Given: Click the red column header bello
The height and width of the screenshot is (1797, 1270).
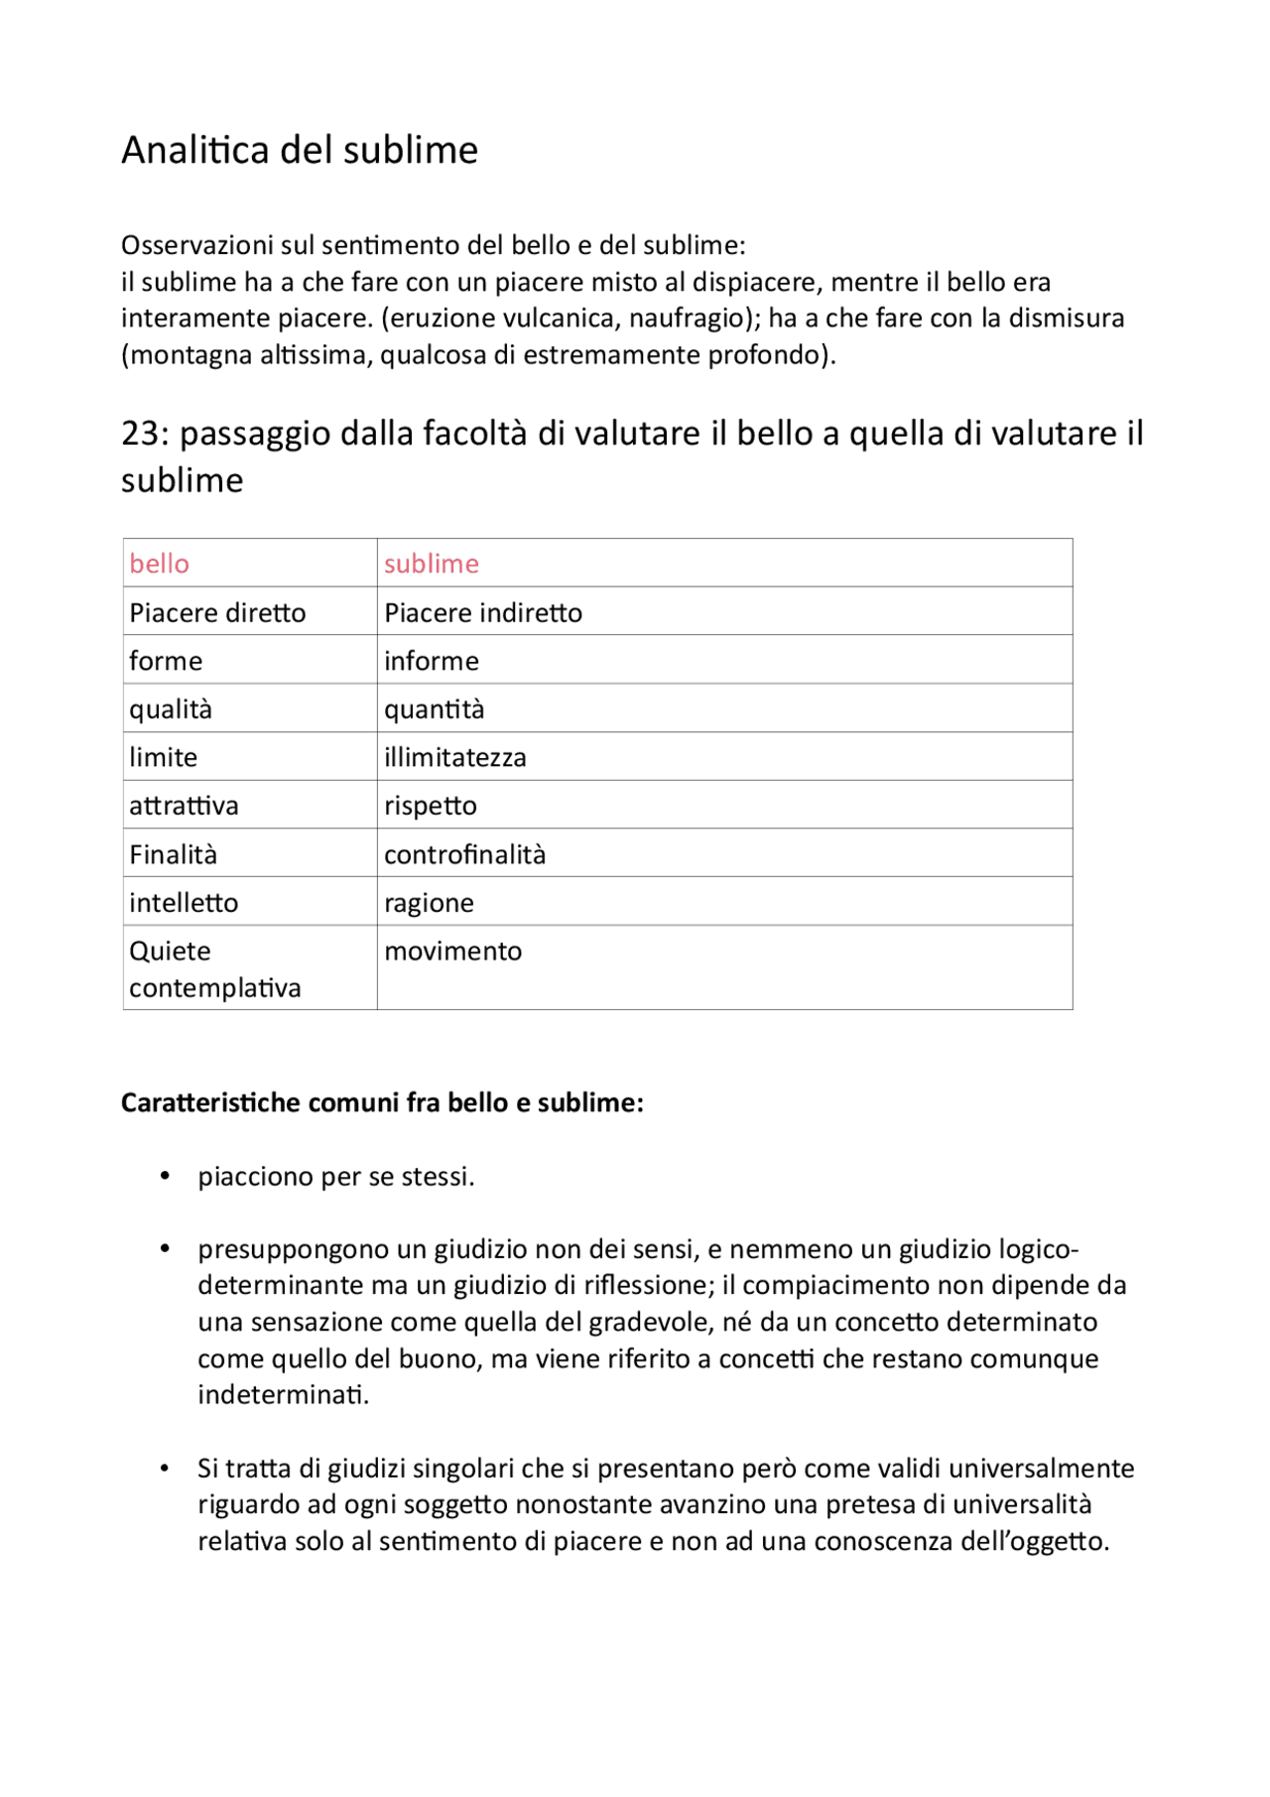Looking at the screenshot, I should tap(159, 564).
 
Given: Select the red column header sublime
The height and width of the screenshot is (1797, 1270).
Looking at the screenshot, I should tap(432, 564).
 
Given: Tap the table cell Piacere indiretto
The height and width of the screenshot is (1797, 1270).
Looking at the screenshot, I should tap(483, 612).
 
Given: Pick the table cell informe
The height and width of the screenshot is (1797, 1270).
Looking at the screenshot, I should tap(432, 661).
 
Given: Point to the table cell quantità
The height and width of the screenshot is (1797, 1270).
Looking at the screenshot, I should tap(435, 709).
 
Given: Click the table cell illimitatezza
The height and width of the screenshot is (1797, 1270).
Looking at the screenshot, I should tap(455, 757).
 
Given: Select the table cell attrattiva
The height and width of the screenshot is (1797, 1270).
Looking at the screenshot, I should tap(184, 806).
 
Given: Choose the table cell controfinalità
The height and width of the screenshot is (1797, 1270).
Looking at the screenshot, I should tap(464, 854).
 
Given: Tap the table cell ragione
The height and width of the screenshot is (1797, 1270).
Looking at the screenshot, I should tap(429, 903).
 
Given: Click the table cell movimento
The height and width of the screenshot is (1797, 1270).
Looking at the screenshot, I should tap(452, 951).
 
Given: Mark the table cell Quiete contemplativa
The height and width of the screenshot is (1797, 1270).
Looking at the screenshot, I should tap(214, 969).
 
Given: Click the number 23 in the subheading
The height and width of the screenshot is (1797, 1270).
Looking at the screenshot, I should tap(140, 434).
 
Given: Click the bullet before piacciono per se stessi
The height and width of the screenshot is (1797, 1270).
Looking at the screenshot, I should tap(166, 1176).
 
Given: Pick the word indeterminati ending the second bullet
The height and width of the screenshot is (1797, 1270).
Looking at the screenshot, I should tap(283, 1395).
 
